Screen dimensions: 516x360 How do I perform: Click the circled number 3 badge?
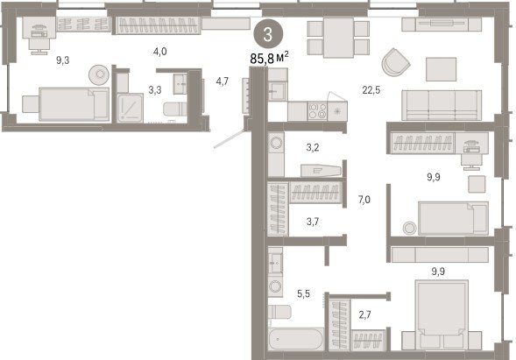pos(268,34)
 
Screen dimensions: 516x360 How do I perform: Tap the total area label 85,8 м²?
pos(269,59)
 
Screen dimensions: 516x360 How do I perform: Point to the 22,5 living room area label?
pos(371,90)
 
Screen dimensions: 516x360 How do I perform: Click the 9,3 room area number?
pos(62,60)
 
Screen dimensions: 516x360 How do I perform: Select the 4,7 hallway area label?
pos(223,81)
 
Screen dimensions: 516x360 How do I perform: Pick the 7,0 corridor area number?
pos(364,200)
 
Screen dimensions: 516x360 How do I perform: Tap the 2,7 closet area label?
pos(365,315)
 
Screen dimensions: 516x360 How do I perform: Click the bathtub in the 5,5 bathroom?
pos(295,339)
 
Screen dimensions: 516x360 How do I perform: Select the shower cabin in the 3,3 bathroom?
pos(131,108)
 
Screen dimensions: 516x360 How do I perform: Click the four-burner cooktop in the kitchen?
pos(317,111)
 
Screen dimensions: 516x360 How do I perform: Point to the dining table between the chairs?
pos(338,38)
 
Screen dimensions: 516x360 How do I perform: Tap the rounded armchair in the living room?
pos(396,62)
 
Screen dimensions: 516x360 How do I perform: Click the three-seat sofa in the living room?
pos(442,105)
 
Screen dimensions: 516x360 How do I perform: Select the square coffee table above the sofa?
pos(441,69)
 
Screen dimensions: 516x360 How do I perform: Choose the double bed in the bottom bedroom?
pos(442,314)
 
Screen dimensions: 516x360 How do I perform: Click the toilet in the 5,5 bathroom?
pos(279,312)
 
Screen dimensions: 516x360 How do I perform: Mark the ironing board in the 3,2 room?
pos(321,171)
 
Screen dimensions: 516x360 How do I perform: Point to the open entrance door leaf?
pos(230,139)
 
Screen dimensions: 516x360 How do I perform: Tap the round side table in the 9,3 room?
pos(99,74)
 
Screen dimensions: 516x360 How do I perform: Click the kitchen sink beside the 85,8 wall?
pos(278,91)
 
